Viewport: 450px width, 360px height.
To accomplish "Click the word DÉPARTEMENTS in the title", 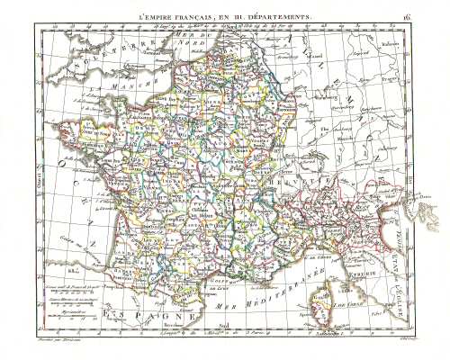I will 280,16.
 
